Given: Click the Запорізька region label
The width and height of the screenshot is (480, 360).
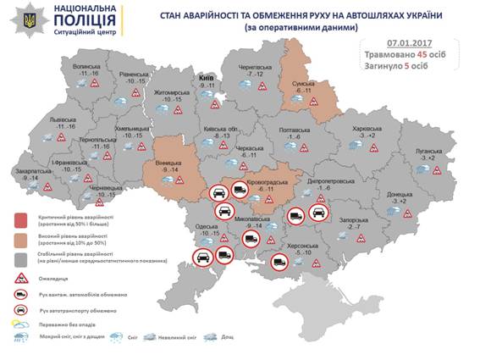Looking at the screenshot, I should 350,219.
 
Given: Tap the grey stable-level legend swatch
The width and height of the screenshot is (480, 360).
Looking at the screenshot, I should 18,258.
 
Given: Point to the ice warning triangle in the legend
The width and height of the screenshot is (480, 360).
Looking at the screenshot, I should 18,277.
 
